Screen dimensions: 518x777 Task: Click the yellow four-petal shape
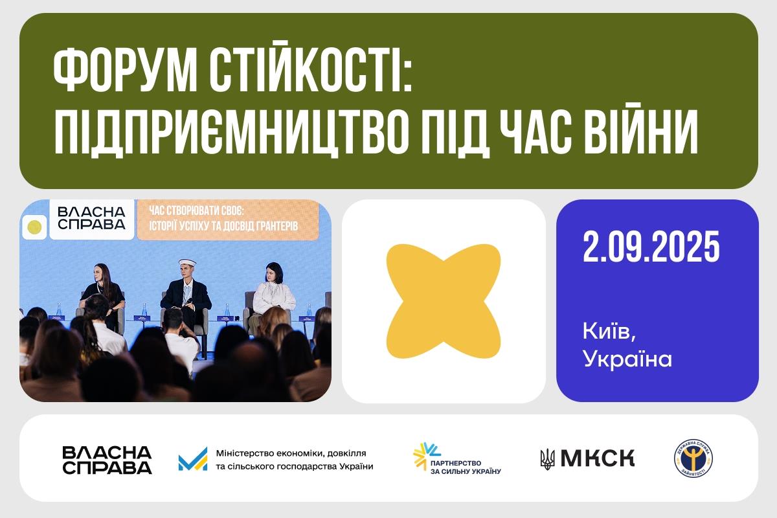pyautogui.click(x=444, y=300)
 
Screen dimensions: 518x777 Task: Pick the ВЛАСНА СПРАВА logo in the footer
pyautogui.click(x=107, y=460)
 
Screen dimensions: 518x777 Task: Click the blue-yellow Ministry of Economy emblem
pyautogui.click(x=192, y=459)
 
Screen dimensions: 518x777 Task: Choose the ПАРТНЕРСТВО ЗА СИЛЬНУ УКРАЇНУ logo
pyautogui.click(x=456, y=459)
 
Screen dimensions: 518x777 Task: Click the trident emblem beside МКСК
pyautogui.click(x=547, y=459)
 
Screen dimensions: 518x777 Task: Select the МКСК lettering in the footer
pyautogui.click(x=597, y=458)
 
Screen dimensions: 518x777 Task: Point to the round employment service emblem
pyautogui.click(x=693, y=458)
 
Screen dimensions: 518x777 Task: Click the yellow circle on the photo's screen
pyautogui.click(x=35, y=227)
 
